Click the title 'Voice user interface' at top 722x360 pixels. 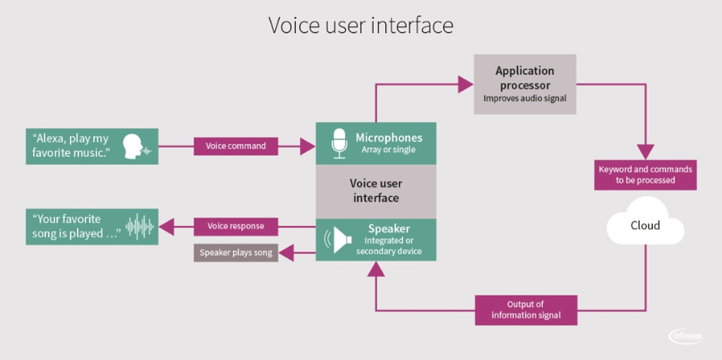(361, 25)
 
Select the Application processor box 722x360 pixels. (524, 84)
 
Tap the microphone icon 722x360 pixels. (339, 143)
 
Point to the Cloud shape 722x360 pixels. (644, 224)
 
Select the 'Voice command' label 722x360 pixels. (235, 146)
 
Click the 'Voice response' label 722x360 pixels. (235, 226)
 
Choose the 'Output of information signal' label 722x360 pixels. (526, 309)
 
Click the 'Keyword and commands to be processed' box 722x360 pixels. (645, 175)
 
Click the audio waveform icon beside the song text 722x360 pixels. (140, 226)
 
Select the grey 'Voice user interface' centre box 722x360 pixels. (375, 192)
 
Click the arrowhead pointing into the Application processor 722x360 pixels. (465, 84)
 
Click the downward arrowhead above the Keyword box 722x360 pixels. (645, 152)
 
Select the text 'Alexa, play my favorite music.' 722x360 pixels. (72, 146)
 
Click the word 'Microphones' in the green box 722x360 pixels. (388, 138)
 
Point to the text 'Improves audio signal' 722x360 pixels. (524, 98)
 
